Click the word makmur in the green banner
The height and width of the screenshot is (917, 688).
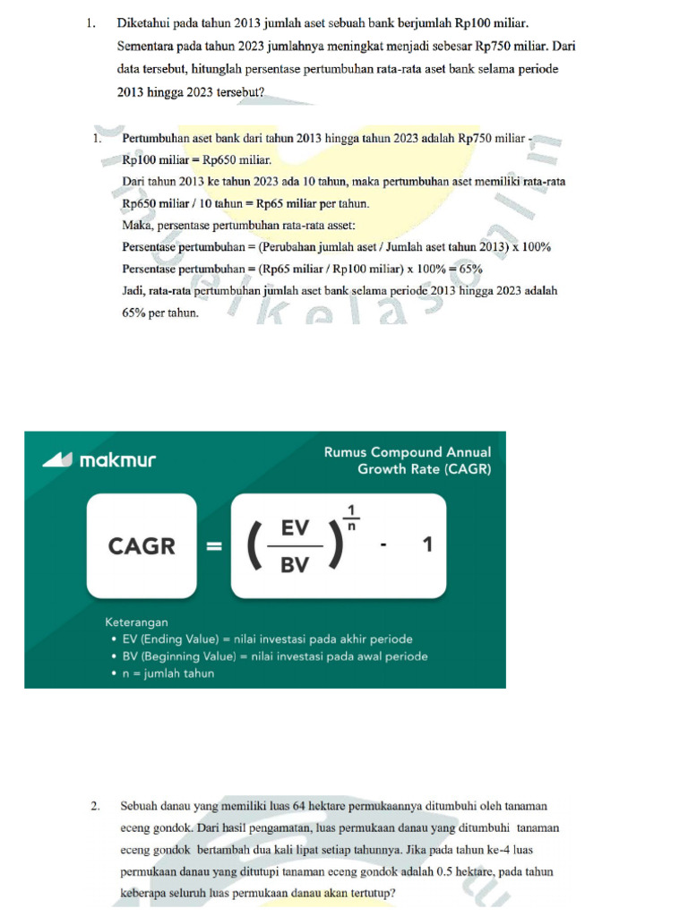[117, 460]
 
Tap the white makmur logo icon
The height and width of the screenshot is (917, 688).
[58, 459]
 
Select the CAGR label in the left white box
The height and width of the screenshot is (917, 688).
[142, 545]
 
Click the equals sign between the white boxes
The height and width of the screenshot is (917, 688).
[214, 545]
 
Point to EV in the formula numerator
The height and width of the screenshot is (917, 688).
[295, 529]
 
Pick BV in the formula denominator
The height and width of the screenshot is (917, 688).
[295, 566]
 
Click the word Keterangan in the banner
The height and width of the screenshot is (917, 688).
[136, 621]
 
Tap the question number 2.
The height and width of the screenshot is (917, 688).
[95, 807]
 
